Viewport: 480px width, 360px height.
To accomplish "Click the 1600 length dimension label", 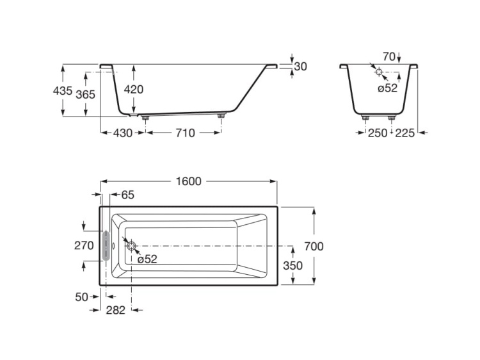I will click(188, 181).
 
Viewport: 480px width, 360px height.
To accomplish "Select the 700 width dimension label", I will click(314, 246).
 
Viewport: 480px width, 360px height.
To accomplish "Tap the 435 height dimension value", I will click(63, 91).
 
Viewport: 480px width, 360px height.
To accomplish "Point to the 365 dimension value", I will click(85, 94).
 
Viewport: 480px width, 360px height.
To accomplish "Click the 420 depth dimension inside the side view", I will click(133, 90).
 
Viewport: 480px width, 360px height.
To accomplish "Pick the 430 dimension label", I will click(122, 133).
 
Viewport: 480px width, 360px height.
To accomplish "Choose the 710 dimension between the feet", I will click(184, 133).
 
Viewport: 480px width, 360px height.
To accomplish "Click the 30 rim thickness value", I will click(301, 66).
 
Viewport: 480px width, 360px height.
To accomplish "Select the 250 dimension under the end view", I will click(378, 133).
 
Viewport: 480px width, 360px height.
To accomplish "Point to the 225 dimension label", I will click(404, 133).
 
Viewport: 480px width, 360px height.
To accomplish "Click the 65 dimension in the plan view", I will click(127, 194).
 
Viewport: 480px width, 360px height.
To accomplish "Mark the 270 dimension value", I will click(84, 246).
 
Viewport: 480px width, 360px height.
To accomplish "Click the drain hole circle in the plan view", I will click(131, 246).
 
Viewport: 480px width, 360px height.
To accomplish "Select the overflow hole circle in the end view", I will click(379, 72).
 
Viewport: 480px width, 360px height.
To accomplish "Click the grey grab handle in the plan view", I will click(106, 246).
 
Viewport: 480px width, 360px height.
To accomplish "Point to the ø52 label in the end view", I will click(387, 88).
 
